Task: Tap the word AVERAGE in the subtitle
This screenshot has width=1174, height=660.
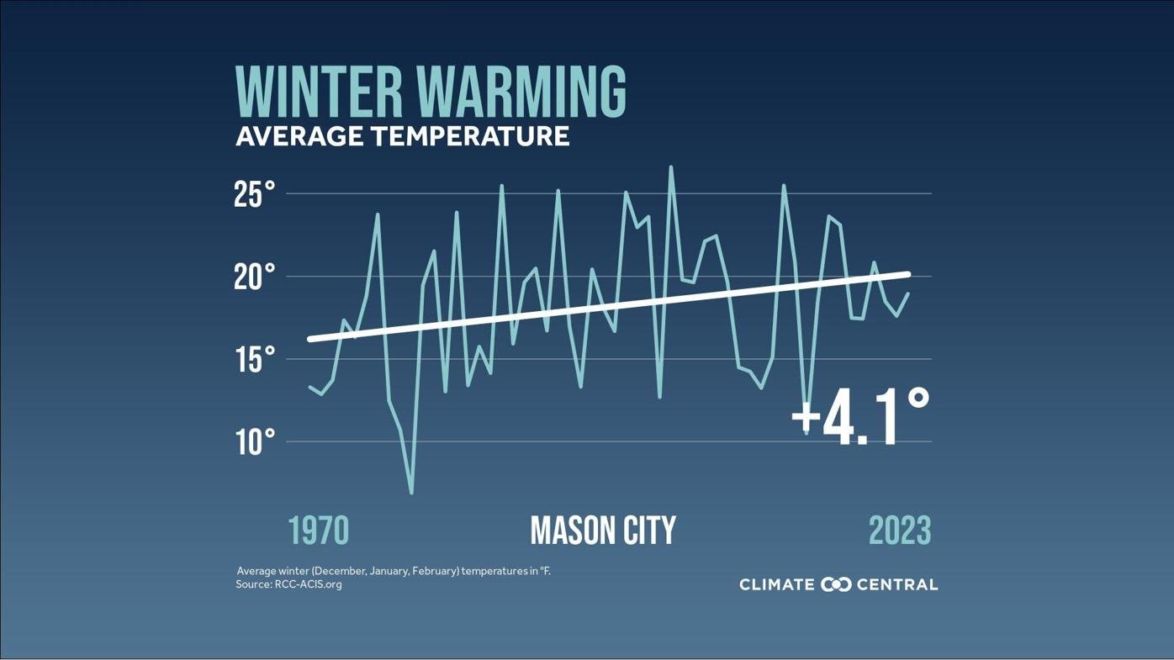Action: (x=299, y=136)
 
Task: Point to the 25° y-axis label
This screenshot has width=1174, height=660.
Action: (x=254, y=194)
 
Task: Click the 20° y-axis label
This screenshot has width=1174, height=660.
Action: (x=254, y=277)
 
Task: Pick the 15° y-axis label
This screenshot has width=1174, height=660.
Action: (x=254, y=359)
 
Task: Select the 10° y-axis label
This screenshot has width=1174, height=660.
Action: (x=254, y=441)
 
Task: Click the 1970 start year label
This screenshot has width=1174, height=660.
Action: (x=318, y=531)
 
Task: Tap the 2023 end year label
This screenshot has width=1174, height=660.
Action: (x=899, y=531)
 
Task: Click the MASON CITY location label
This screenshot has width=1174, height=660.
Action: (x=603, y=531)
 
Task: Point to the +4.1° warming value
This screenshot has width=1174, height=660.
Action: (x=860, y=417)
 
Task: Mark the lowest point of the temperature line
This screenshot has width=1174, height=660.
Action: (x=411, y=493)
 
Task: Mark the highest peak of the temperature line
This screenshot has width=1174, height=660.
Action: (x=670, y=166)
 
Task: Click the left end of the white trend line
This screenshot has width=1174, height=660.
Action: (x=310, y=339)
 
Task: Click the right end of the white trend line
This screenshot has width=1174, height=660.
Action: (x=907, y=274)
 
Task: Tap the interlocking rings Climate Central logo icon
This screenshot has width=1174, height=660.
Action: (x=836, y=584)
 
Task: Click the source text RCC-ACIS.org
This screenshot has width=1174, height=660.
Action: (x=308, y=584)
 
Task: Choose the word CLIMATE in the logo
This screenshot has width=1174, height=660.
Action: (x=776, y=584)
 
